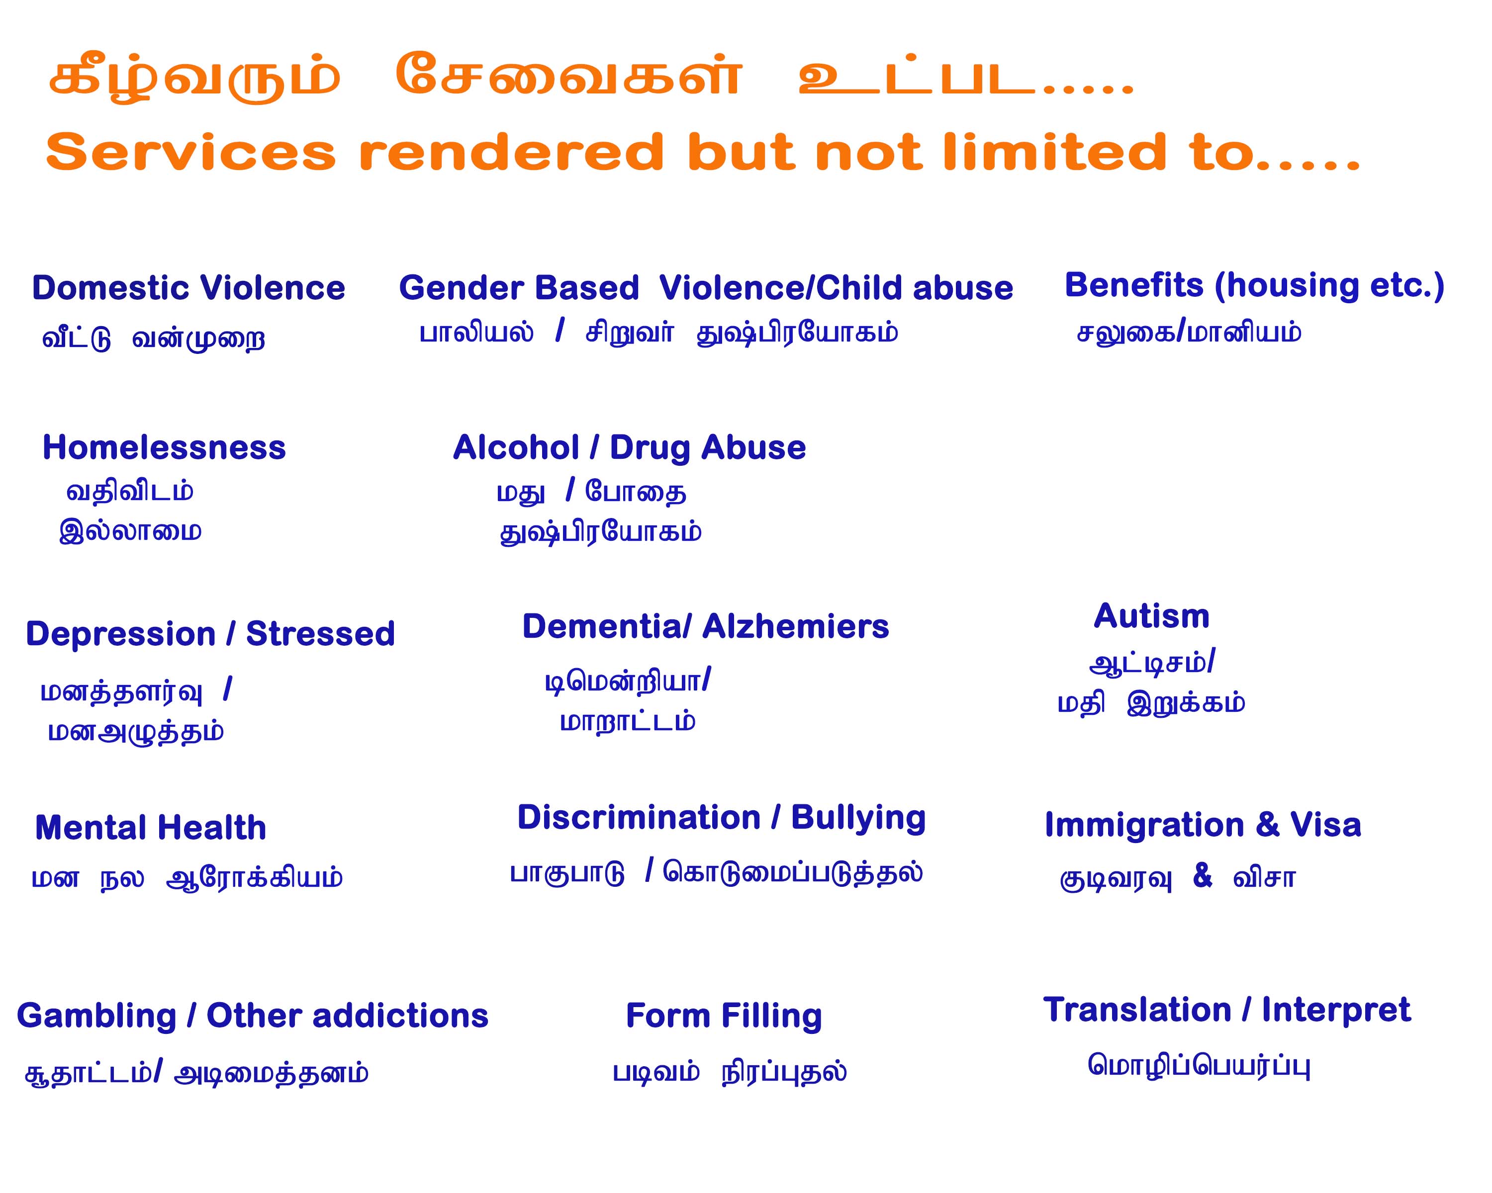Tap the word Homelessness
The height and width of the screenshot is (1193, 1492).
click(164, 447)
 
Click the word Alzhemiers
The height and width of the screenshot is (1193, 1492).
click(795, 627)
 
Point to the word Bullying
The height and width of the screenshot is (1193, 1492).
click(858, 819)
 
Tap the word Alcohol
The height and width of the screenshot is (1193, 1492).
click(516, 447)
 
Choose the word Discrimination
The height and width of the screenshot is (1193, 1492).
click(639, 818)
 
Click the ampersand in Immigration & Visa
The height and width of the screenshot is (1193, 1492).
click(1268, 825)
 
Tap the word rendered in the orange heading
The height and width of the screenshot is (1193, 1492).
click(511, 152)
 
